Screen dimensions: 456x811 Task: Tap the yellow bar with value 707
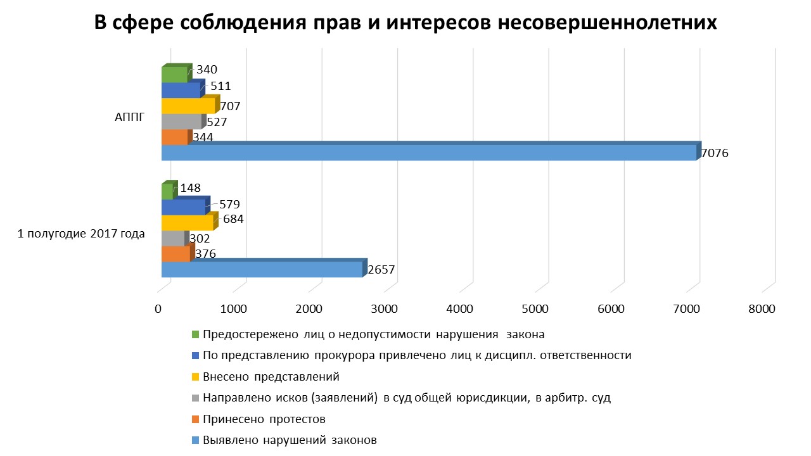(188, 106)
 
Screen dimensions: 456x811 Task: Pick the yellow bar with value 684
(187, 223)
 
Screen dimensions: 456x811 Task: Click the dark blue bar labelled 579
(183, 207)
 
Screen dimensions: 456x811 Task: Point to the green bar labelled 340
(175, 75)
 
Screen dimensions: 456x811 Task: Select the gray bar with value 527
(181, 122)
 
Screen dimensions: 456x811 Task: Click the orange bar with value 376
(176, 254)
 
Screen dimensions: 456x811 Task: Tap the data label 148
(190, 188)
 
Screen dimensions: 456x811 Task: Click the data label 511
(220, 86)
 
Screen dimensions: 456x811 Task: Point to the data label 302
(200, 239)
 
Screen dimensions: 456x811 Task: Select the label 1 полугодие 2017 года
(81, 234)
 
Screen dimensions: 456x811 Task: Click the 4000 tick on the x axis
(460, 309)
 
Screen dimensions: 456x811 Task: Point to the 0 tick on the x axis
(158, 309)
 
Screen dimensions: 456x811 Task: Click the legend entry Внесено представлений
(271, 377)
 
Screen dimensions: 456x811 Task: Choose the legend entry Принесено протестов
(264, 419)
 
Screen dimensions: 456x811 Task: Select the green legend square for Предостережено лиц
(195, 334)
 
